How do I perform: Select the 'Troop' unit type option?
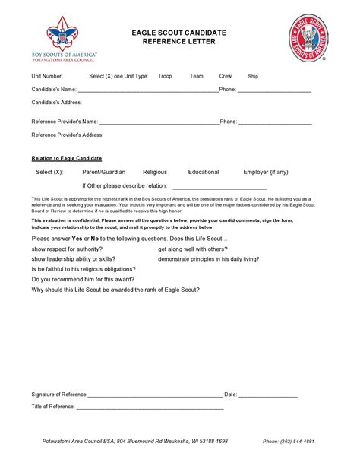click(x=165, y=77)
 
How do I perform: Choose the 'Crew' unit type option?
click(x=226, y=77)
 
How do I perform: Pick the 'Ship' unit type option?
click(x=253, y=77)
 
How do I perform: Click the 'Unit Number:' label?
click(x=47, y=77)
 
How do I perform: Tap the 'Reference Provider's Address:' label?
click(x=68, y=135)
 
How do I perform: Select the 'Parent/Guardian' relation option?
click(x=103, y=173)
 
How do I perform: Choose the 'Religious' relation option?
click(x=155, y=173)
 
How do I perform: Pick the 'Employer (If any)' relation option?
click(x=266, y=173)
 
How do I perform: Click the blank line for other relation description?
click(x=219, y=187)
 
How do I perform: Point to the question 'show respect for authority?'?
click(x=66, y=249)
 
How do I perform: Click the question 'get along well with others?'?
click(x=192, y=249)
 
